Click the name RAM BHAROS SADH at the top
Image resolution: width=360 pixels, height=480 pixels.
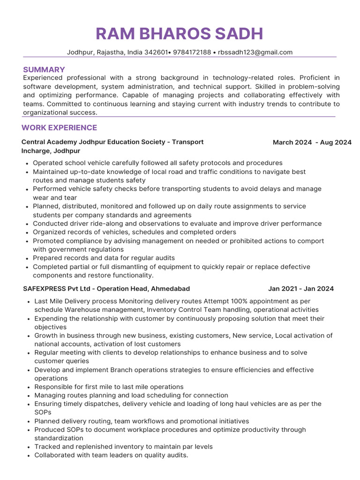point(180,34)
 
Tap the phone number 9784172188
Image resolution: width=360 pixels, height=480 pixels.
point(192,52)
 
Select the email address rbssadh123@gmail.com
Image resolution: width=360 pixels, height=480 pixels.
point(255,52)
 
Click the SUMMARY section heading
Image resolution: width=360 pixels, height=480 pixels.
point(44,69)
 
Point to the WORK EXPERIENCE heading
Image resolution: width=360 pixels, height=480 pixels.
point(60,127)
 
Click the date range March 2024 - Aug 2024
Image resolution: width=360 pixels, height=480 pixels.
point(312,142)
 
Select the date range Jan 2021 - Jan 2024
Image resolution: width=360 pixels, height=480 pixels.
point(301,289)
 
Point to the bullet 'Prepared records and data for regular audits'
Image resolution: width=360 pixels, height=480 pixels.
point(104,258)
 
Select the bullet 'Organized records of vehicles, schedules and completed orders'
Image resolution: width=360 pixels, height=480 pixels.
point(134,232)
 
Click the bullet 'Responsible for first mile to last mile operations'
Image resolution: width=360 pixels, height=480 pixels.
point(109,387)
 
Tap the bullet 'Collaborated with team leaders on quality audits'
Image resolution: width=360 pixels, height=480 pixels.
point(111,455)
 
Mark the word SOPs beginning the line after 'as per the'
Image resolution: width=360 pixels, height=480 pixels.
point(43,412)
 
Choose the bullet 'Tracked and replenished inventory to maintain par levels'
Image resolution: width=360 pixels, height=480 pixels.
point(123,447)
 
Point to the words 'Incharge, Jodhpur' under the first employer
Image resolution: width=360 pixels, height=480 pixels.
point(51,151)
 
